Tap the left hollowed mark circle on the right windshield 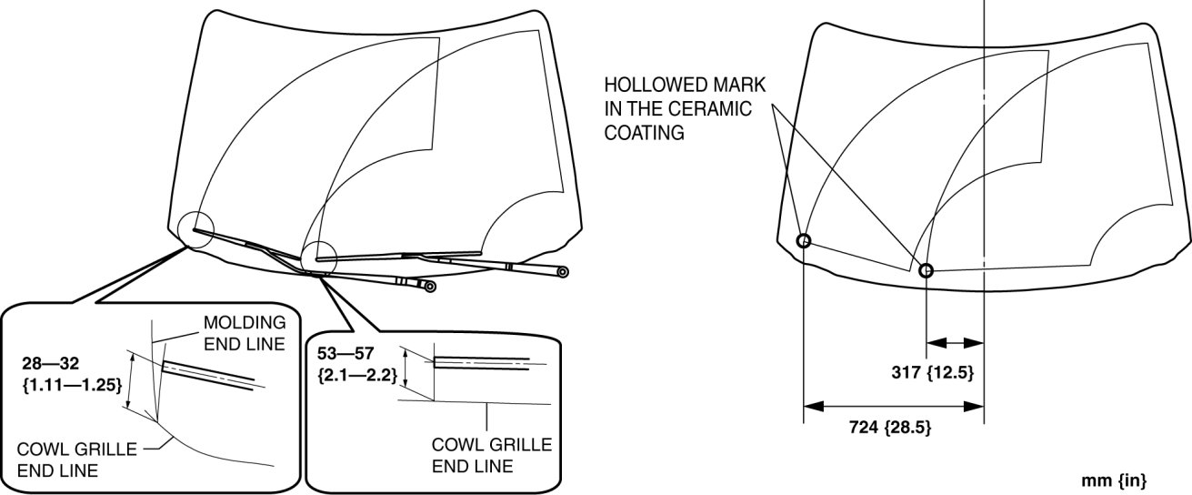(x=804, y=241)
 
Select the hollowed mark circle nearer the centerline (x=926, y=270)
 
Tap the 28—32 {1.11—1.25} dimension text (x=71, y=375)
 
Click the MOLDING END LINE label (x=245, y=332)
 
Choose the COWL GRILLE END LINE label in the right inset (x=491, y=455)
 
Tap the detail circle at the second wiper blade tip (x=319, y=258)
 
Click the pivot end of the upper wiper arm (x=563, y=271)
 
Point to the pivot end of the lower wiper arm (x=430, y=287)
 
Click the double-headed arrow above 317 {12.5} (x=955, y=343)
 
